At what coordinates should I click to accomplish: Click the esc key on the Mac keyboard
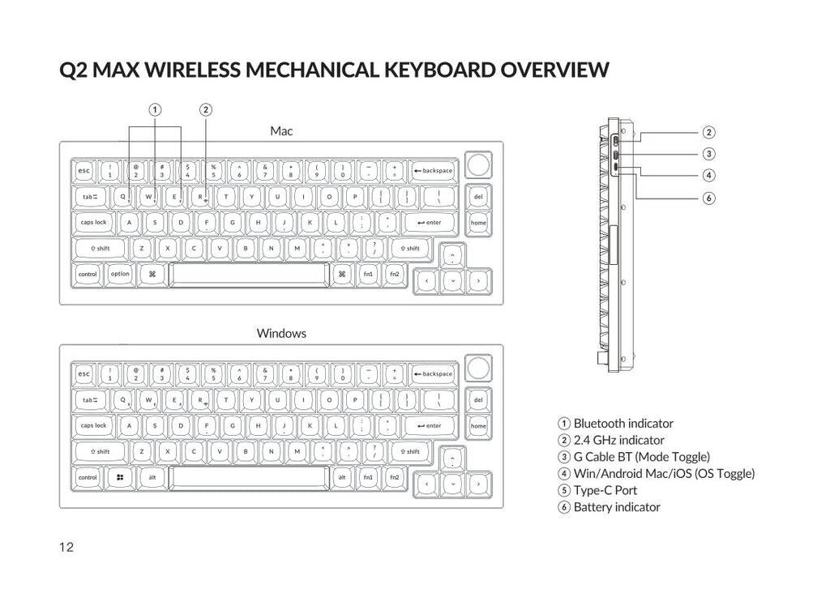(x=83, y=171)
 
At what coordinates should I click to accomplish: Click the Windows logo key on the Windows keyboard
(x=120, y=477)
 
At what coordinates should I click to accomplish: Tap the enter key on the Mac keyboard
(x=429, y=222)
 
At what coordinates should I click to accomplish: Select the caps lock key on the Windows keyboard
(x=94, y=425)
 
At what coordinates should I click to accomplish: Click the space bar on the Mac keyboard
(x=249, y=274)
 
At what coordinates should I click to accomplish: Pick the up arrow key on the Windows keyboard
(x=452, y=459)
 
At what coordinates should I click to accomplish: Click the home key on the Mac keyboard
(x=478, y=222)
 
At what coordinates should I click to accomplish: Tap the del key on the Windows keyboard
(x=478, y=399)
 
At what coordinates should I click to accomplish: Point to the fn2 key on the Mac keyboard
(x=394, y=274)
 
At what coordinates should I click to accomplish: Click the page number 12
(x=66, y=548)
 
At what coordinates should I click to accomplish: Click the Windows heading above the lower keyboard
(x=281, y=333)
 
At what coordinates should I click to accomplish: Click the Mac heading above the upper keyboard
(x=281, y=130)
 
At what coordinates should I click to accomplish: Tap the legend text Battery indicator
(x=616, y=507)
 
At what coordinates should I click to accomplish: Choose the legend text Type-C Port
(x=605, y=490)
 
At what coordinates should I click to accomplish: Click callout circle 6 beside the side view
(x=708, y=198)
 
